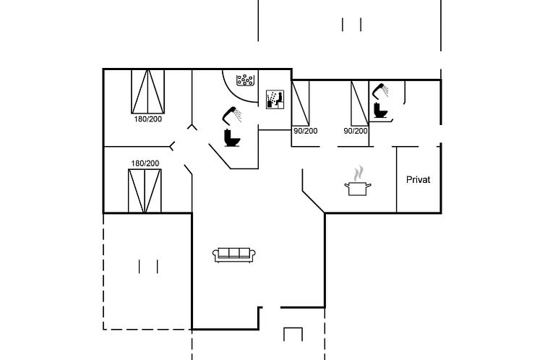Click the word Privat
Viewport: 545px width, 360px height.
click(418, 179)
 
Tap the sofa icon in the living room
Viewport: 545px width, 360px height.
click(233, 253)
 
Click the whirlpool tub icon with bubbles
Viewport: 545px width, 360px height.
click(246, 79)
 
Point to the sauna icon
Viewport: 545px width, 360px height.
click(273, 99)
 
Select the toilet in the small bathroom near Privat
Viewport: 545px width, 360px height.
click(380, 111)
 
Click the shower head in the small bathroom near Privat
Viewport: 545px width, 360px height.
click(379, 90)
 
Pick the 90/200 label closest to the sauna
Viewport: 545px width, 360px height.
click(305, 131)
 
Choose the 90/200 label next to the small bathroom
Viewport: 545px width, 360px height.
click(356, 131)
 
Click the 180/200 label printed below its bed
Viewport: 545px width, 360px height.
click(147, 119)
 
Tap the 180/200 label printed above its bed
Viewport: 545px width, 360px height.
click(145, 163)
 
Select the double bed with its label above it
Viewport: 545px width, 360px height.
click(145, 190)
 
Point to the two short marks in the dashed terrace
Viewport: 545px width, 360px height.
click(148, 266)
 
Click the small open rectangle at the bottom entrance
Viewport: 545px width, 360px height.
click(292, 334)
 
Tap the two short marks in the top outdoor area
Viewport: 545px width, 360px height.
click(352, 25)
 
